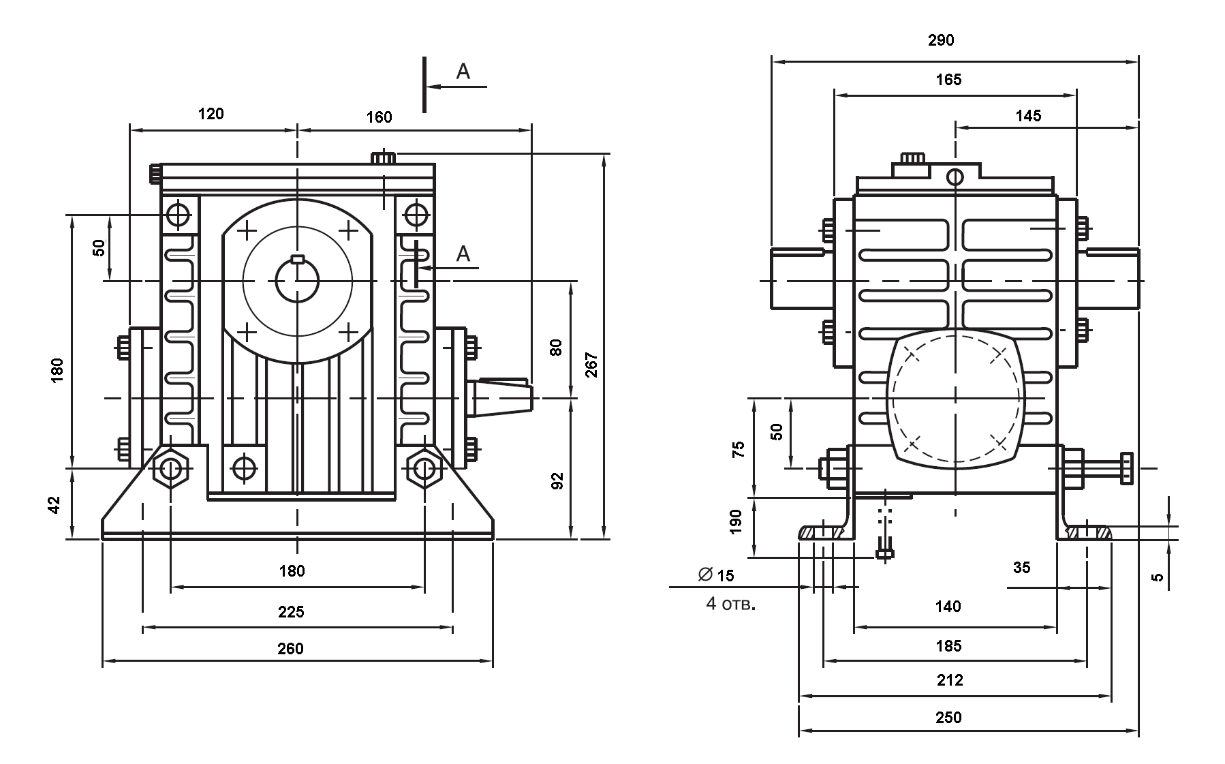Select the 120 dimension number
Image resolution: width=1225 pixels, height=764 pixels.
pos(211,114)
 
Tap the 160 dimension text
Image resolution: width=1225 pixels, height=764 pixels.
pos(379,117)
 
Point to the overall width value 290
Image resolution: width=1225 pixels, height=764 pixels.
pos(941,40)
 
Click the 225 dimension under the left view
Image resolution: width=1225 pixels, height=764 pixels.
pos(291,612)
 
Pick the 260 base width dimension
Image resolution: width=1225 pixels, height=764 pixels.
pos(290,648)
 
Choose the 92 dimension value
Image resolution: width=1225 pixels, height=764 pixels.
pos(557,481)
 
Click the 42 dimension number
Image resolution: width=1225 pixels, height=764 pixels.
pos(55,505)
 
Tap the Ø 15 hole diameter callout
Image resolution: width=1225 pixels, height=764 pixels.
pos(716,575)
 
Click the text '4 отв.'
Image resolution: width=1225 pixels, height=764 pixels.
pos(731,604)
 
